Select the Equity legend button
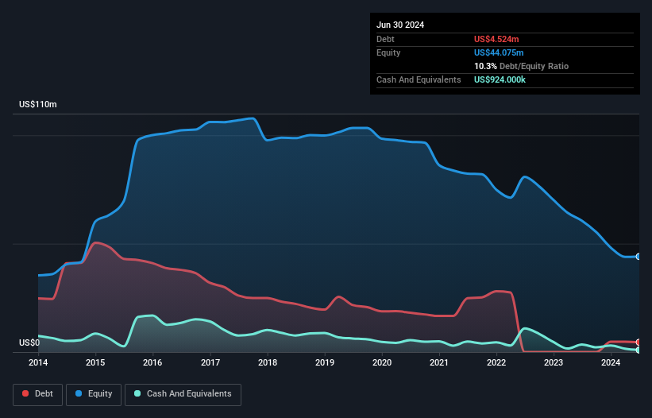(94, 394)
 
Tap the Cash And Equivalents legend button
(183, 394)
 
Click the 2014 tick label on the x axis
(38, 363)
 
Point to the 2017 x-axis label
(210, 363)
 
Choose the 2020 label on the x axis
(382, 363)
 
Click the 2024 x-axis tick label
(611, 363)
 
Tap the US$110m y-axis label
(38, 105)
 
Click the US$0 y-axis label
(29, 343)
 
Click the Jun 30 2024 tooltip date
(400, 25)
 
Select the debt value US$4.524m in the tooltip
(497, 39)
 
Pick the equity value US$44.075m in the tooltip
(500, 52)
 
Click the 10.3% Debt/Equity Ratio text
(521, 66)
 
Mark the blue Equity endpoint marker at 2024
(638, 257)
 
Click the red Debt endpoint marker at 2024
(638, 343)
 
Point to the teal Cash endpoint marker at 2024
(638, 350)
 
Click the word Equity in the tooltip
(388, 52)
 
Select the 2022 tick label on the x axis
(496, 363)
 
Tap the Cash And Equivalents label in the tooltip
(419, 79)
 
